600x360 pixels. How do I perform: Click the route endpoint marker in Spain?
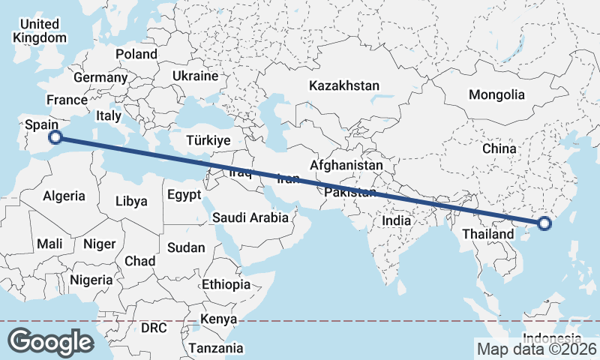(55, 136)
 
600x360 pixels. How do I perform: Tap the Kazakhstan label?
(344, 85)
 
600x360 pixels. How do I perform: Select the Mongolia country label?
(496, 94)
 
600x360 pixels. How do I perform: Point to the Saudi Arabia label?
(250, 218)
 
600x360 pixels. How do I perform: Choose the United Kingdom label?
(40, 31)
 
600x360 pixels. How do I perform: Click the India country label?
(396, 220)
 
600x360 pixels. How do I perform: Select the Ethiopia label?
(226, 284)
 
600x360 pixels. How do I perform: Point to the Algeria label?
(64, 196)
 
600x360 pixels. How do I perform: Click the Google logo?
(51, 341)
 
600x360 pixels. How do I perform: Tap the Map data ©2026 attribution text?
(536, 349)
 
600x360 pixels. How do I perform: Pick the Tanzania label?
(216, 348)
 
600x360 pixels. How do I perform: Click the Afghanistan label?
(346, 164)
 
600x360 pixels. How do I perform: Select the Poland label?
(136, 54)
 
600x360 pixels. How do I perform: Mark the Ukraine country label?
(195, 76)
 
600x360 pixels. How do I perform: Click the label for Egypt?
(184, 195)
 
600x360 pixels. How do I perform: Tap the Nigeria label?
(91, 280)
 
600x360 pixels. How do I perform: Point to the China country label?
(499, 148)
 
